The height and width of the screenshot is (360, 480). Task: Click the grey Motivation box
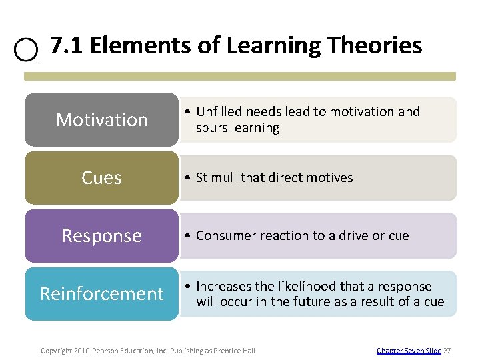[102, 120]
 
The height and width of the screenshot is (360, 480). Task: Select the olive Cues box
[102, 178]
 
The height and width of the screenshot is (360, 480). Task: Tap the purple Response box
[102, 236]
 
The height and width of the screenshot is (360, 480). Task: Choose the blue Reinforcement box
[102, 294]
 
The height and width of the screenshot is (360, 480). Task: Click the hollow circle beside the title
[25, 49]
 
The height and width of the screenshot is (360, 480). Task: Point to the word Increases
[224, 287]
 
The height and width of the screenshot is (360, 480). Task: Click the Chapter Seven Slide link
[408, 350]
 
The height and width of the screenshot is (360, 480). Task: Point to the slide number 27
[447, 350]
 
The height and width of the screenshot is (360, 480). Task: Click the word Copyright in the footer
[55, 350]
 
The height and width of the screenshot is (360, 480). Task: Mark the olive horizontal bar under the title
[240, 77]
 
